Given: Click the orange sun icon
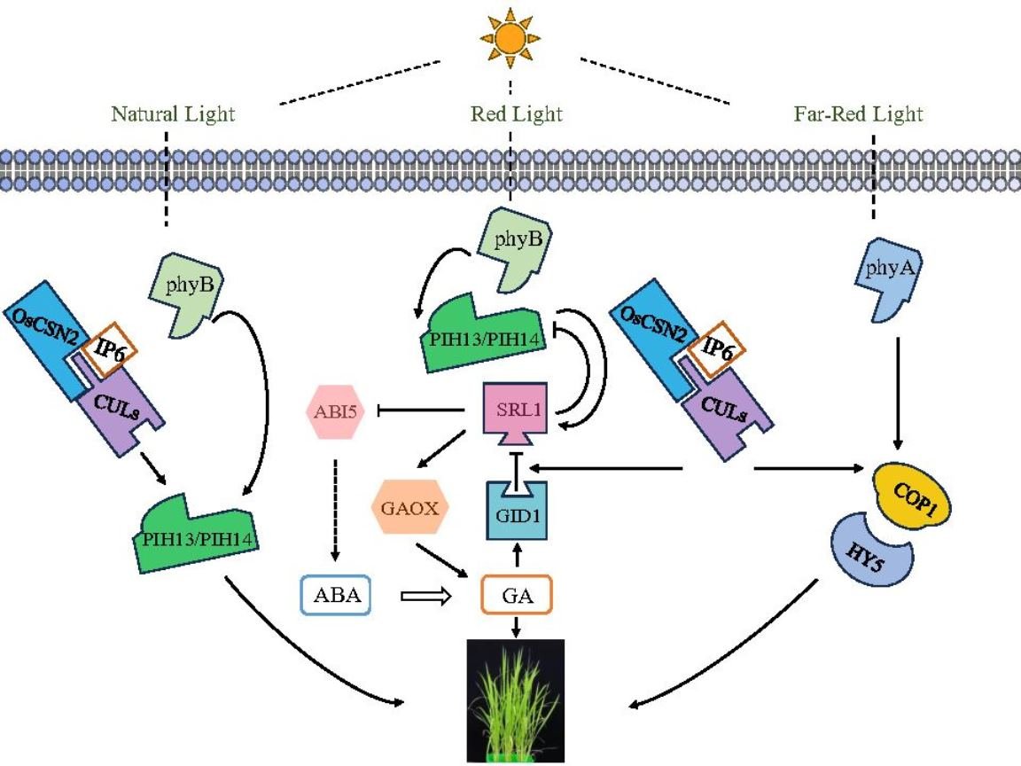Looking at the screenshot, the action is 510,38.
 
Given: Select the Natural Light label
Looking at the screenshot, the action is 173,114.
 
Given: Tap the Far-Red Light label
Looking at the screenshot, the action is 858,114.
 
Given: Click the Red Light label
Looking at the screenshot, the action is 517,114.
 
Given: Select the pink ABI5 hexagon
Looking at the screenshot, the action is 335,411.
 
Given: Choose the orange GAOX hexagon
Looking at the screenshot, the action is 409,507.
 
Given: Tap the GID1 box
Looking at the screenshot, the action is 517,512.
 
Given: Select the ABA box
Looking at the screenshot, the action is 336,595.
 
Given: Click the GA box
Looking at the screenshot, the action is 517,595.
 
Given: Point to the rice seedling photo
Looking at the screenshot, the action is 517,701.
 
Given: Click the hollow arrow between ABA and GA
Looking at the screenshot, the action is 425,596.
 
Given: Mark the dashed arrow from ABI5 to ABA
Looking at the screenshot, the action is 335,510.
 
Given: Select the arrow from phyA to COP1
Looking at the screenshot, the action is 898,394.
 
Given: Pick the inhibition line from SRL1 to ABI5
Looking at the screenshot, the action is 421,410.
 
